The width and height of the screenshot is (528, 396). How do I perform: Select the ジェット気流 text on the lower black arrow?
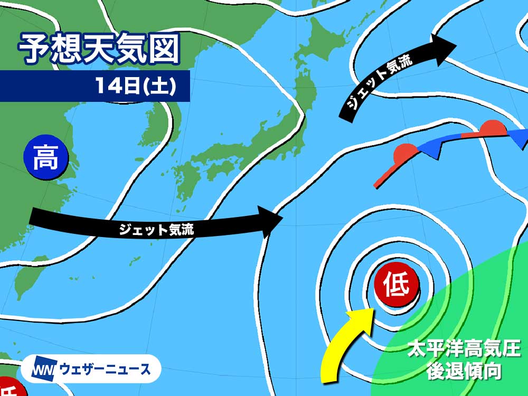156,229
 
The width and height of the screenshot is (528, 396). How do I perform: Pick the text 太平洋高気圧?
464,349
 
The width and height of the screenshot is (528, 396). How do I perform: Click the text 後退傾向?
464,371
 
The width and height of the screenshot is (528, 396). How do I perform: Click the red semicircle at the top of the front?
493,129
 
